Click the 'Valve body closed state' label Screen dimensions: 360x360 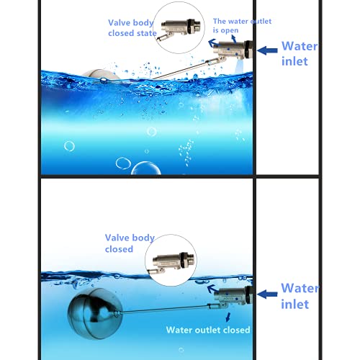(132, 28)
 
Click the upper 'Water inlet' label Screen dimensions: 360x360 (300, 54)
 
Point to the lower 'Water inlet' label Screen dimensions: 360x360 (299, 296)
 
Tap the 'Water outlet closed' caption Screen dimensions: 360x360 (208, 330)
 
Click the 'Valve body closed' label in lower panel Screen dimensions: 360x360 (130, 243)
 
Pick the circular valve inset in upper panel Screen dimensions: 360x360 (180, 27)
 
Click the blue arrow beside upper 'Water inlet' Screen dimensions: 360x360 (267, 50)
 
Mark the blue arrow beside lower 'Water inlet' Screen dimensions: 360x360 (267, 293)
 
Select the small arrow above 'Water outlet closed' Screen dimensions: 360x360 (229, 316)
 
